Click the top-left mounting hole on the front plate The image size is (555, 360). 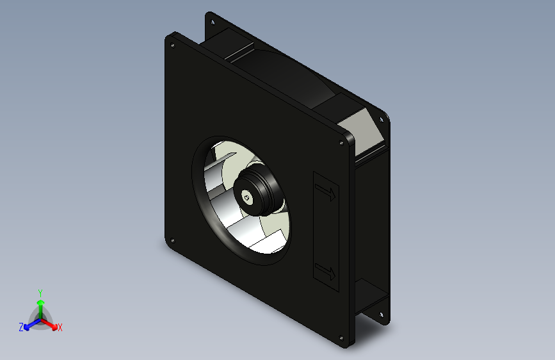click(x=172, y=45)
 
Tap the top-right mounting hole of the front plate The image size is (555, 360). click(x=341, y=143)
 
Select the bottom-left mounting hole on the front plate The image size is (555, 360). click(x=172, y=241)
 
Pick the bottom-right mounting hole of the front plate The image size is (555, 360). click(x=341, y=338)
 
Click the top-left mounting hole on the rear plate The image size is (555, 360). click(x=213, y=22)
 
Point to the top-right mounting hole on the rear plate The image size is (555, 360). click(x=382, y=120)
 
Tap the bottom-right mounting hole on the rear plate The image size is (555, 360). click(x=382, y=315)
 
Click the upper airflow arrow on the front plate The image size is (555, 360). click(x=325, y=192)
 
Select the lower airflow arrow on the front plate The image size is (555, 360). click(x=325, y=272)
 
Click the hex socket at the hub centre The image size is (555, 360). click(x=246, y=197)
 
